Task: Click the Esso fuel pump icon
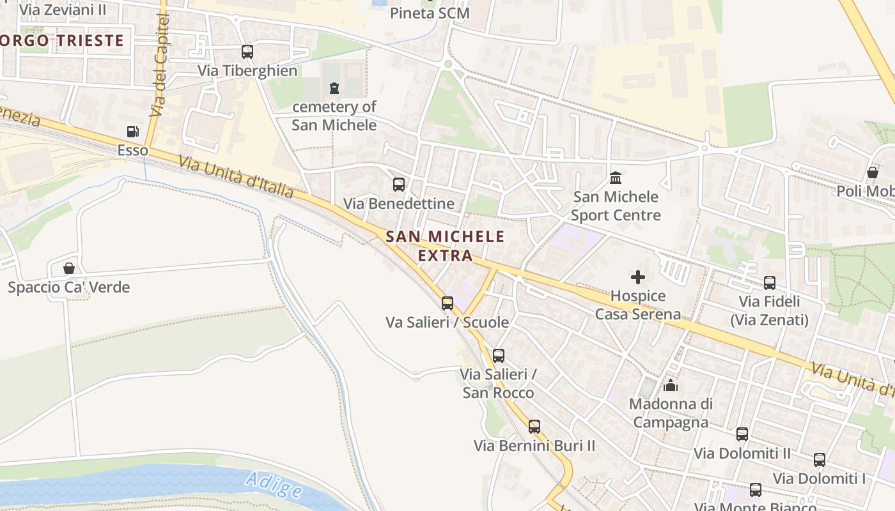(x=132, y=132)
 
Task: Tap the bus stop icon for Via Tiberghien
(x=247, y=52)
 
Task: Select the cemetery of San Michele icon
(x=334, y=88)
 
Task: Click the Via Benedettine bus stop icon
(x=399, y=185)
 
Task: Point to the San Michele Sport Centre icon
(x=616, y=177)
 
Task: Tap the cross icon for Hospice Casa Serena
(x=637, y=277)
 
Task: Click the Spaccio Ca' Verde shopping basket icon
(x=69, y=268)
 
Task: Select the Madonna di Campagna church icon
(x=670, y=385)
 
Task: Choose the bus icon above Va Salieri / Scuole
(x=447, y=303)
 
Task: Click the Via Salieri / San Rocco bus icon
(x=499, y=356)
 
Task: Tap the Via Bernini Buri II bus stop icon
(x=534, y=427)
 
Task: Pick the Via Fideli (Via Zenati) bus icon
(x=770, y=282)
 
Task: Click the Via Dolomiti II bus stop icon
(x=742, y=434)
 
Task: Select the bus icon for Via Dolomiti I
(x=820, y=459)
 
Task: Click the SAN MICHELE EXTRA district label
(x=445, y=246)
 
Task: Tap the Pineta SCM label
(x=430, y=13)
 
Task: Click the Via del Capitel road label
(x=160, y=66)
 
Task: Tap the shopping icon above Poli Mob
(x=872, y=172)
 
